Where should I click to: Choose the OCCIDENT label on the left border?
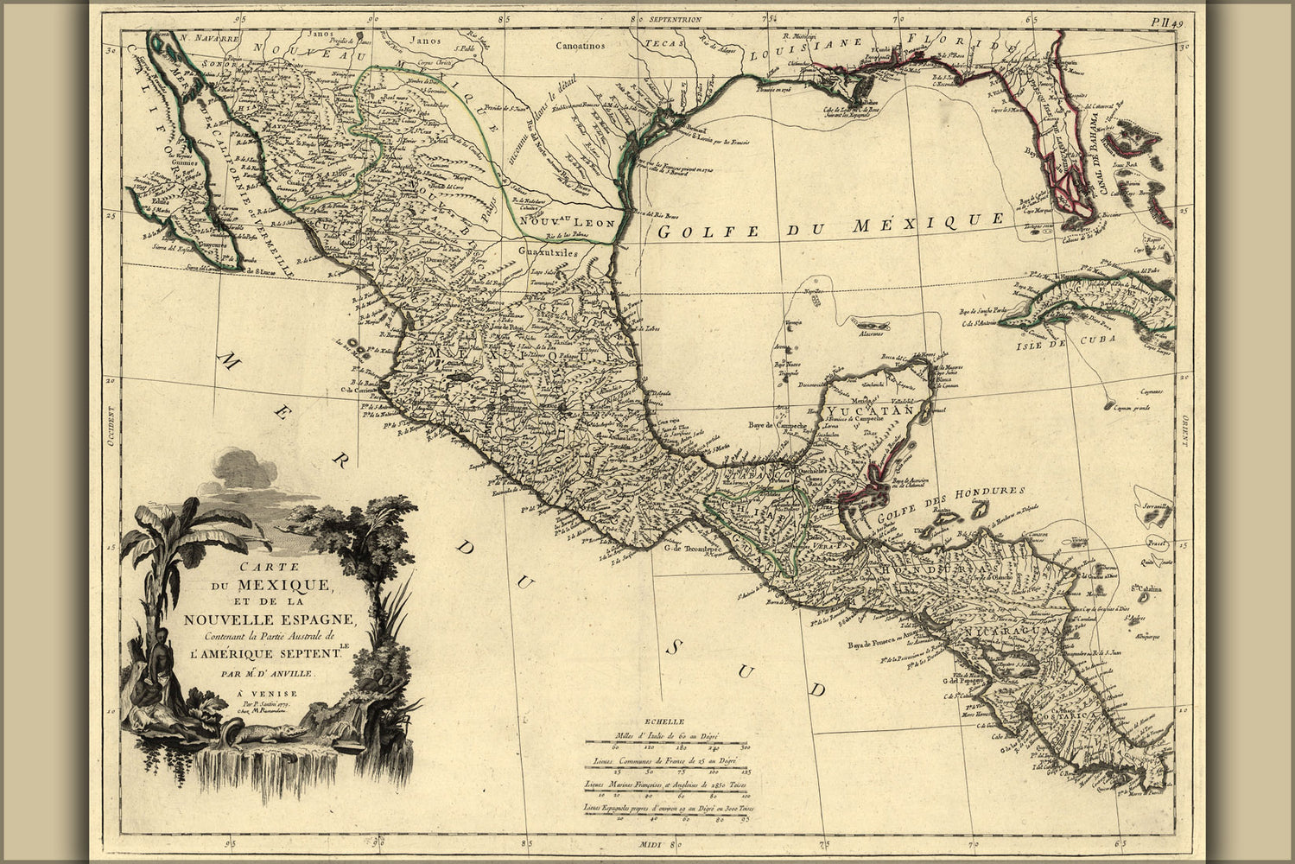[110, 428]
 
